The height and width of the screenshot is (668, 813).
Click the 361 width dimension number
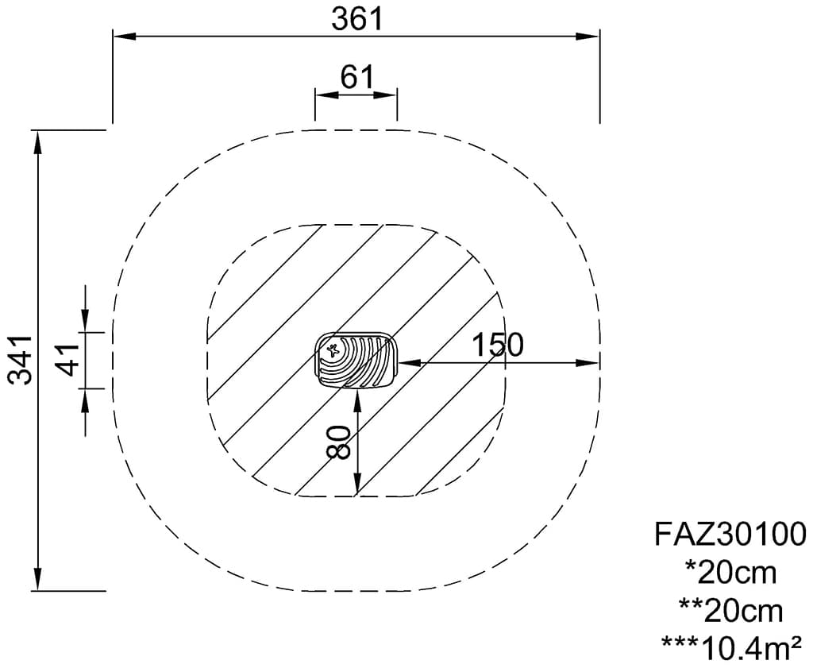click(x=356, y=19)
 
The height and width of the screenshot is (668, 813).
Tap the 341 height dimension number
click(x=21, y=360)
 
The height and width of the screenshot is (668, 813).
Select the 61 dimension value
click(x=356, y=77)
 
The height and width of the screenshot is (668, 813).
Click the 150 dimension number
click(x=498, y=345)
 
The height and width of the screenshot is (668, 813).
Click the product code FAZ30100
click(x=730, y=534)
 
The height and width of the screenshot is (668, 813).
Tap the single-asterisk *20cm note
click(x=730, y=573)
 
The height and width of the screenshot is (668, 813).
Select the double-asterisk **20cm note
click(x=730, y=611)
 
